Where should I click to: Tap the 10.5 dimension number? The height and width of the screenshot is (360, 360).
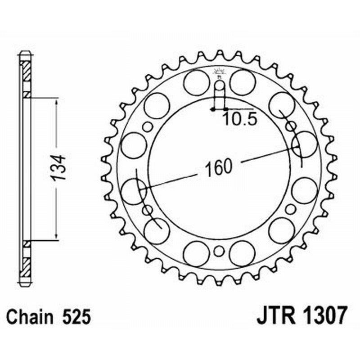pos(239,119)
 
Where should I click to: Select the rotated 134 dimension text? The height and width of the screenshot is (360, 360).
pos(58,168)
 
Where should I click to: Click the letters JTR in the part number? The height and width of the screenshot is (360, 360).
pos(274,315)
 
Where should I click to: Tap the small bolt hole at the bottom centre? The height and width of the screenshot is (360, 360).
pos(219,251)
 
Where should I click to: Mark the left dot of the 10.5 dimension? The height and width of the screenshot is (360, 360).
pos(212,109)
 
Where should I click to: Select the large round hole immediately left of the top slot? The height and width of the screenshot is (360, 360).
pos(196,82)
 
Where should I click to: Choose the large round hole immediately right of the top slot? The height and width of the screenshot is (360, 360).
pos(243,82)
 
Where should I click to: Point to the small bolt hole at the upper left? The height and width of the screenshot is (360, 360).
pos(147,126)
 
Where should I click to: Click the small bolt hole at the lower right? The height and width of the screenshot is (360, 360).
pos(291,209)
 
